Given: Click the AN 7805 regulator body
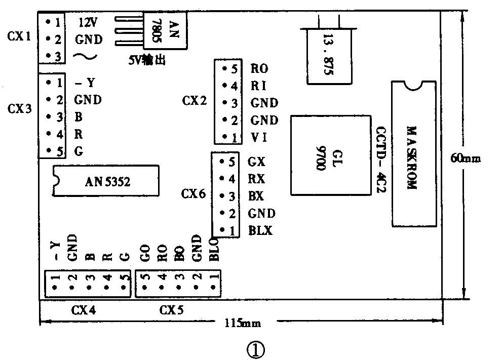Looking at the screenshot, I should [166, 30].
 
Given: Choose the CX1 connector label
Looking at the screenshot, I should [20, 36].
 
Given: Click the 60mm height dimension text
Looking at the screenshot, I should [466, 158].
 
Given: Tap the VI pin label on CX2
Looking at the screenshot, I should [258, 137].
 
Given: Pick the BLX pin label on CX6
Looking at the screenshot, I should [260, 230].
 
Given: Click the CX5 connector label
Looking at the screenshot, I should [172, 310].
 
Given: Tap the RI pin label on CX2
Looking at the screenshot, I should [258, 86].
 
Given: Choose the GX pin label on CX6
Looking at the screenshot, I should [257, 163].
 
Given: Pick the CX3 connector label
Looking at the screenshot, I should [20, 108].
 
